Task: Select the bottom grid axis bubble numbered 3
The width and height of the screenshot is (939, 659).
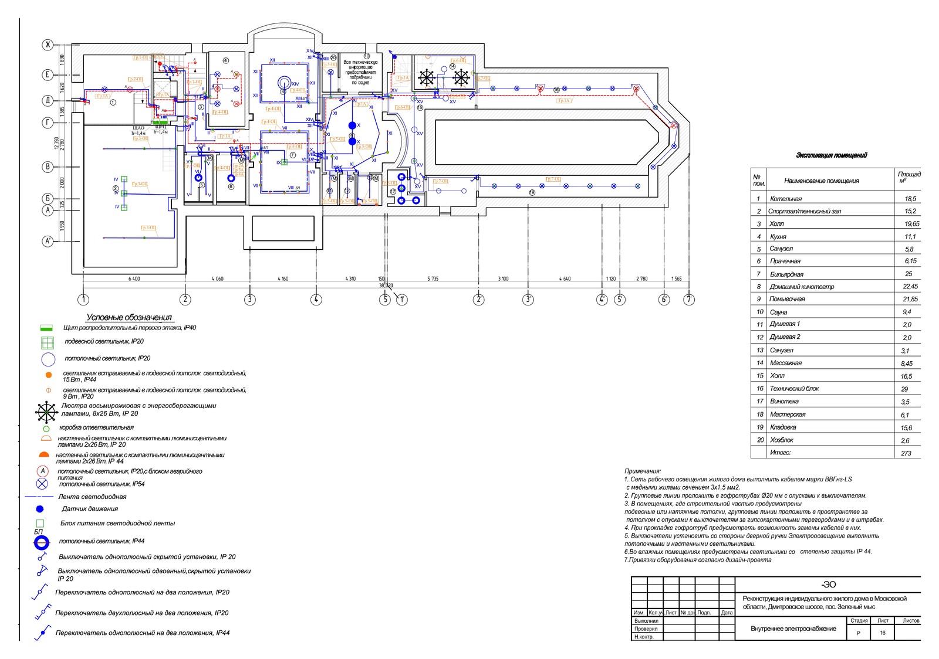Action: pos(250,300)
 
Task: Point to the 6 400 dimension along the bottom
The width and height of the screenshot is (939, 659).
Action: pos(134,279)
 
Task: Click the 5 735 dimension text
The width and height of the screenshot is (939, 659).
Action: pos(433,279)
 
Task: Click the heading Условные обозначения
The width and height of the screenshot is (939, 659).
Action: pos(129,317)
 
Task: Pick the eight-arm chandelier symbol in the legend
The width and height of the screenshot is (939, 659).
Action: pos(46,412)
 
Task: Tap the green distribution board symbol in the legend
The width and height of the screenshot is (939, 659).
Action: pos(47,328)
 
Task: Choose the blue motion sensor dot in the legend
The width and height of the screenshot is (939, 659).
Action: pos(40,509)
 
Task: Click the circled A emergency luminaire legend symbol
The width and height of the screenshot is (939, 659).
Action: pos(42,471)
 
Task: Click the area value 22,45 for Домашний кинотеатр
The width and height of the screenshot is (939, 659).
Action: pos(910,287)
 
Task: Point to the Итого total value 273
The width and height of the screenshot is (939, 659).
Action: pos(906,453)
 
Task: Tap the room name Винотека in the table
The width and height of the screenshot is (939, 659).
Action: pos(784,402)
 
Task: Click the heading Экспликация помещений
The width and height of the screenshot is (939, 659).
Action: pos(831,155)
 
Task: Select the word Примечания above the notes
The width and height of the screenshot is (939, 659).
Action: pos(643,471)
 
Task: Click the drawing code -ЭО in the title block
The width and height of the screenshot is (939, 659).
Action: pos(828,585)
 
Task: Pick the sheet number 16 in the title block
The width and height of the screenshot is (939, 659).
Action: pos(883,633)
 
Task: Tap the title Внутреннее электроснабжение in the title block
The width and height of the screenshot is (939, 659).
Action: pos(793,629)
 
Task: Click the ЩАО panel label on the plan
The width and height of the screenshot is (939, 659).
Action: pos(139,128)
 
